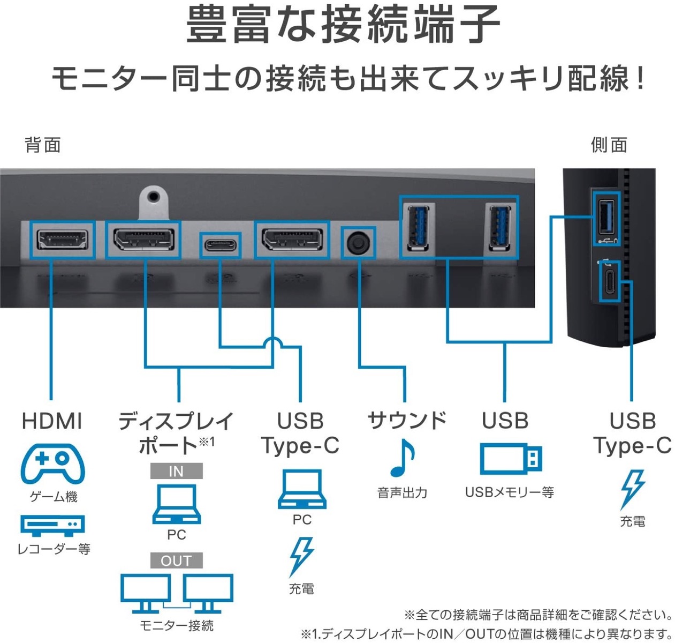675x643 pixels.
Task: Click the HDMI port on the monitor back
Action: click(x=62, y=240)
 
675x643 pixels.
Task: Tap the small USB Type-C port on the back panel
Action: click(x=220, y=245)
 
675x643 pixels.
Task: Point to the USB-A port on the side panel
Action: click(x=606, y=217)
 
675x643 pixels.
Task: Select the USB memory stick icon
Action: click(x=510, y=459)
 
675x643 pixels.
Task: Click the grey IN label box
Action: click(x=176, y=472)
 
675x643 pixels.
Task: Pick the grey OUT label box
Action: click(x=176, y=560)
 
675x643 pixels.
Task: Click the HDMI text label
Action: click(x=52, y=421)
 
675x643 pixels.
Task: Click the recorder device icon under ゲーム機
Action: click(x=52, y=525)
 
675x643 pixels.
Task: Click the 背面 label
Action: click(x=43, y=145)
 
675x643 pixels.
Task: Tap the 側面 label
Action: click(x=609, y=145)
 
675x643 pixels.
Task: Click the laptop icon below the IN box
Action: click(x=176, y=504)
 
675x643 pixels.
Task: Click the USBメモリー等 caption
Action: click(x=509, y=492)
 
